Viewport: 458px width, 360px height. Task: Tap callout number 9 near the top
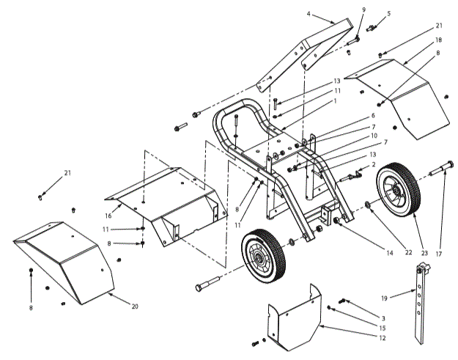(363, 10)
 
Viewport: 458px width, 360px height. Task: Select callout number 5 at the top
(388, 13)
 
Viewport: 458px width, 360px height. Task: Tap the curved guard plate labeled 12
(293, 318)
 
